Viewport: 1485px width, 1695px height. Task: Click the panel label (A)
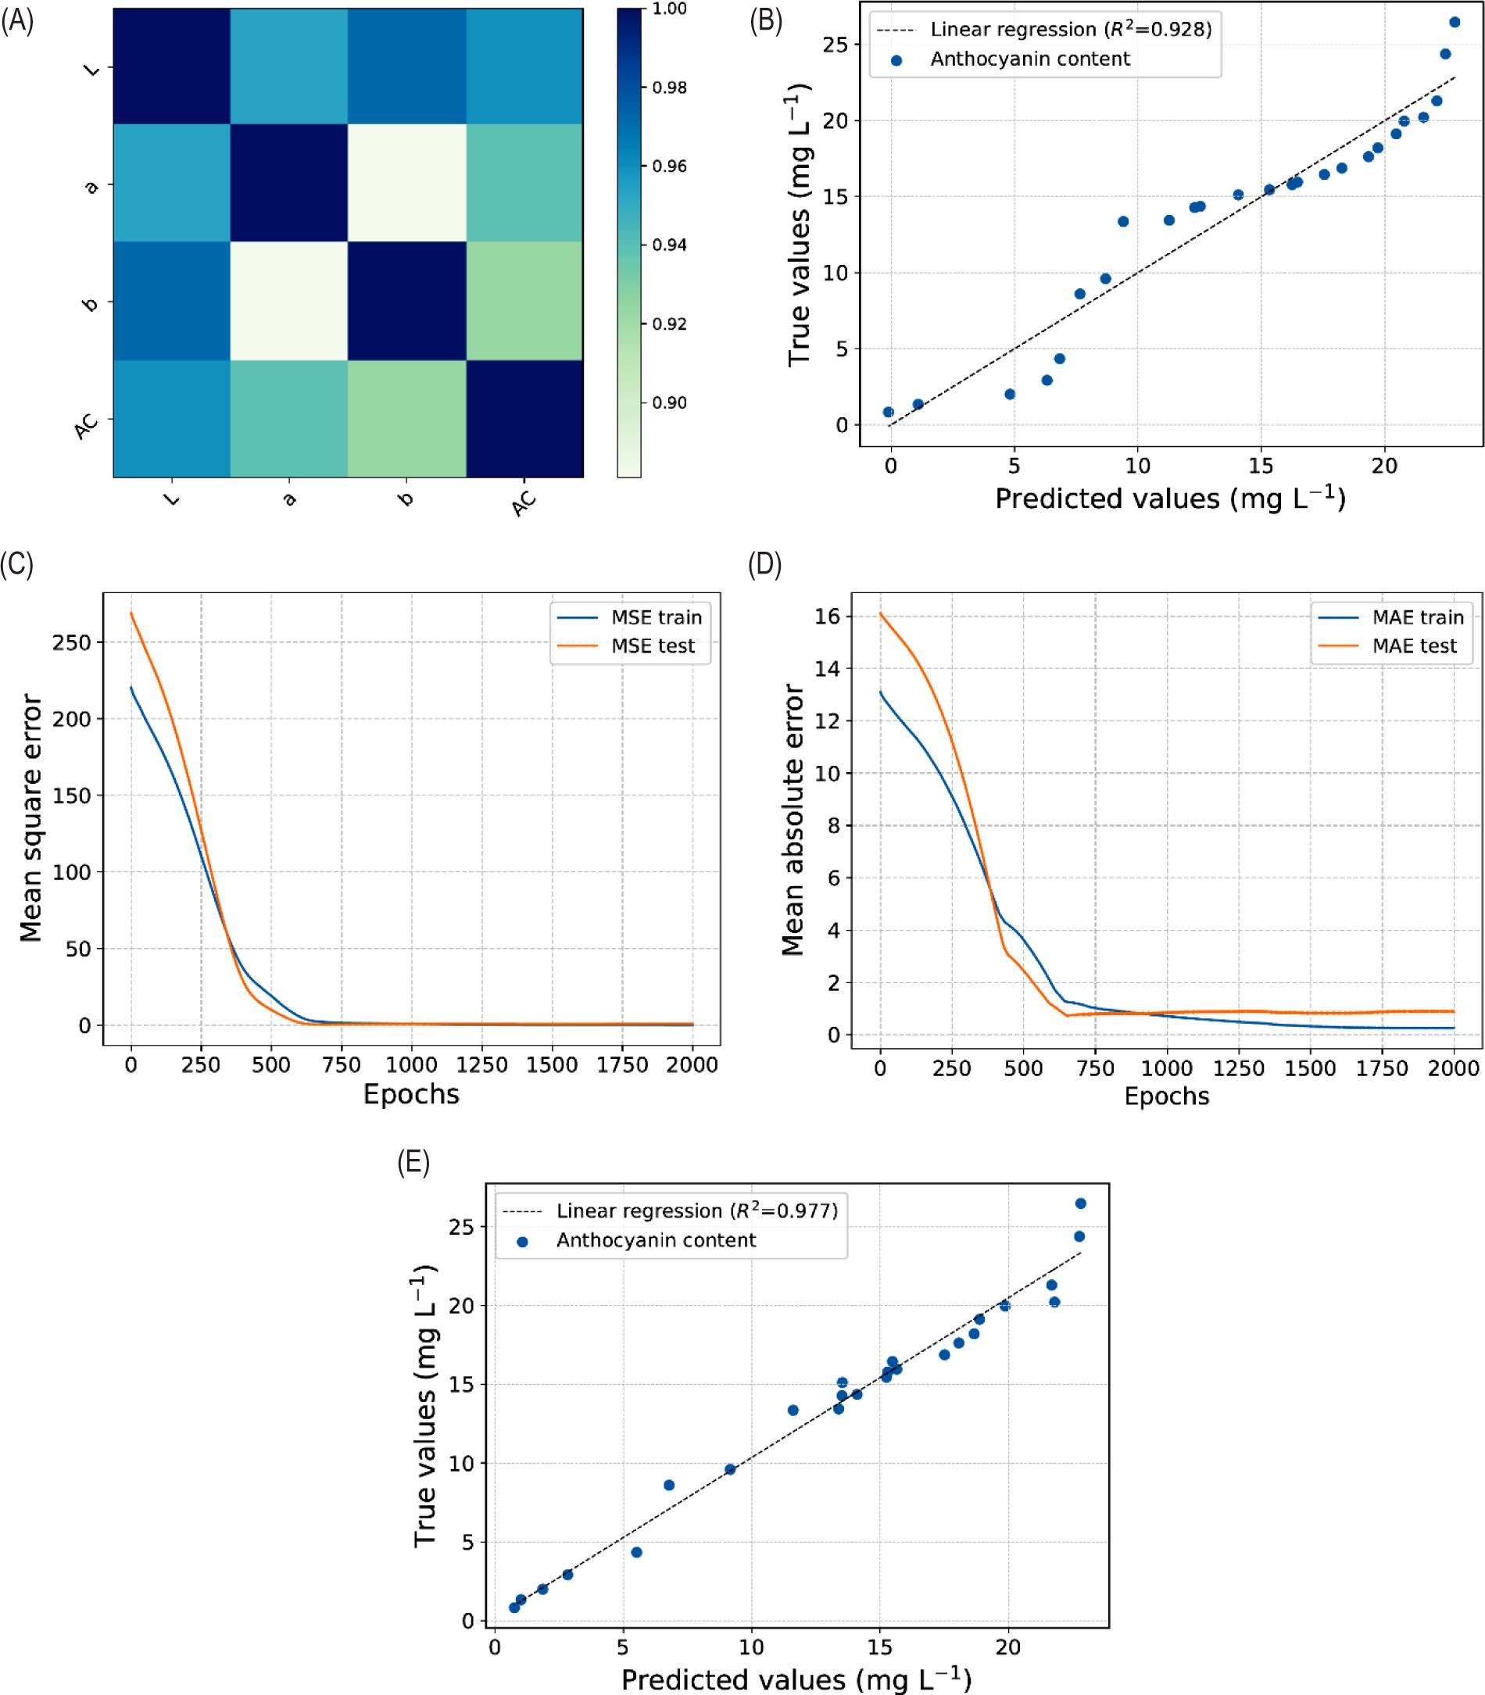17,22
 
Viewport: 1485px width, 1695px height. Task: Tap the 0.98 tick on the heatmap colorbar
669,88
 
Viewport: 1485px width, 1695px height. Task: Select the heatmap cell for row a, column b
406,183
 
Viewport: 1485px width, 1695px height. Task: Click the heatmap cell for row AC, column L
171,418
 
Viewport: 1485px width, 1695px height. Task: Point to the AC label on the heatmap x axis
524,502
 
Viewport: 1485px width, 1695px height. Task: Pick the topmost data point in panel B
1455,23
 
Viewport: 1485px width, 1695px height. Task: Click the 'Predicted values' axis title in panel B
1170,499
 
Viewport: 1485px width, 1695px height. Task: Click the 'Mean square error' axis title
30,817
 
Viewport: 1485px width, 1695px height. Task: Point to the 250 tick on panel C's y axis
72,642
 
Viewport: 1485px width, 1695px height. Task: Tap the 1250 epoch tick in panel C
481,1064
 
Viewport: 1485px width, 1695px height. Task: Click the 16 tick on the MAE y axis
828,617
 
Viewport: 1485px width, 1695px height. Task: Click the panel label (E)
413,1163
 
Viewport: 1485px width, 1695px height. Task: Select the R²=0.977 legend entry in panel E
696,1211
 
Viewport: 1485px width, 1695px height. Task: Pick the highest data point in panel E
1081,1203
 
